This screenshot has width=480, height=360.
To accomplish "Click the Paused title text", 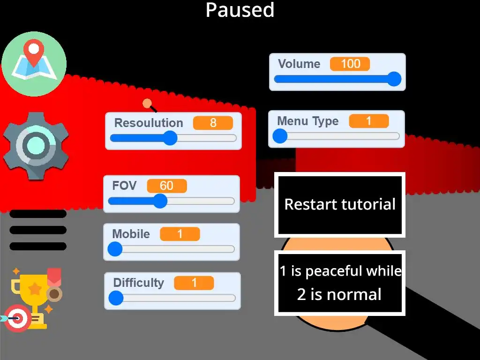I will point(240,10).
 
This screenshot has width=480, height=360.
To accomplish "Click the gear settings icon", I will point(36,146).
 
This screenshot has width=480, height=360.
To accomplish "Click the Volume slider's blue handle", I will point(395,79).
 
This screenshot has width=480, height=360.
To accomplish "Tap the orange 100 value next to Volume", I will point(350,64).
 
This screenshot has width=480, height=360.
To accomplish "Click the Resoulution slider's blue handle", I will point(170,138).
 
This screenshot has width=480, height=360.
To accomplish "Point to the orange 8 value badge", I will point(213,123).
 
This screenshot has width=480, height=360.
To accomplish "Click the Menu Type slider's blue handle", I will point(280,136).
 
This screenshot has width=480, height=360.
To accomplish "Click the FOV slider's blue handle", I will point(160,201).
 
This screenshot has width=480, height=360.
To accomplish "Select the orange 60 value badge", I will point(166,186).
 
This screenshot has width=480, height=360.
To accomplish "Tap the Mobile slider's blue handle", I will point(115,249).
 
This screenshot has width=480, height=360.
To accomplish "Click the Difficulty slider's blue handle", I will point(116,298).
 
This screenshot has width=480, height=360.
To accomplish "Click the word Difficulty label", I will point(139,283).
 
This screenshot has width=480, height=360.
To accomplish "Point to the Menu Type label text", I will point(307,121).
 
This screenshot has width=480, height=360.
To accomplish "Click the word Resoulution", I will point(149,123).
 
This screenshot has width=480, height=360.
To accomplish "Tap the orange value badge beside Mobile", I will point(180,234).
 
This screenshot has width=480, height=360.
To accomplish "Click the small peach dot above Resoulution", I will point(147,103).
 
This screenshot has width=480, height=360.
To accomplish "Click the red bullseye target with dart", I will point(17,318).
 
